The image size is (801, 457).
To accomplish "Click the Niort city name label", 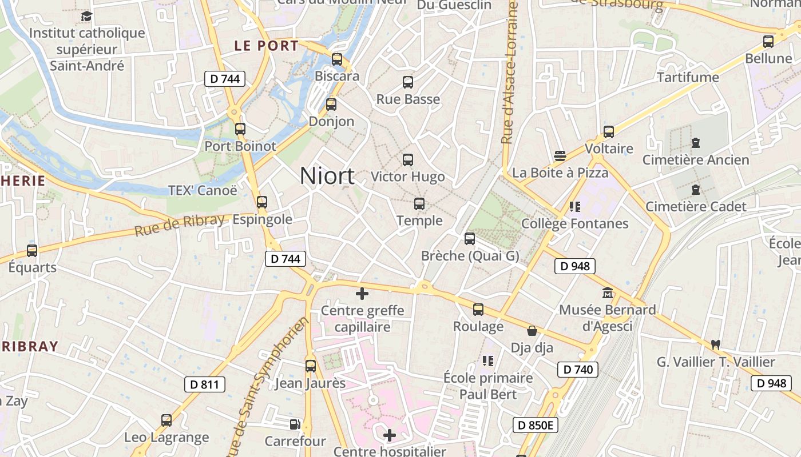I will click(x=327, y=176).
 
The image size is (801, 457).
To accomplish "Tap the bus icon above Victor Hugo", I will click(x=408, y=160).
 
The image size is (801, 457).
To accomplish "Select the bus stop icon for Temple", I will click(x=419, y=204).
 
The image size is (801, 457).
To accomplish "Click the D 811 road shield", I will click(x=205, y=384).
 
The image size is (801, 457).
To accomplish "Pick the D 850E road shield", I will click(x=535, y=425).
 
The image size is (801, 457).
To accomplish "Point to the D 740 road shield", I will click(x=578, y=370).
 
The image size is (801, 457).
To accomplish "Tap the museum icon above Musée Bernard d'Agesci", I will click(x=608, y=293).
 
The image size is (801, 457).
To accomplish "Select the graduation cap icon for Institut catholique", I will click(x=87, y=16).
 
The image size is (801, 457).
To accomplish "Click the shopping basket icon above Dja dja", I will click(x=532, y=331).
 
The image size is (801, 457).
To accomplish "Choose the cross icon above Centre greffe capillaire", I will click(x=362, y=294).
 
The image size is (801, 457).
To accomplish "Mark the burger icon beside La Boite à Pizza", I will click(x=560, y=156).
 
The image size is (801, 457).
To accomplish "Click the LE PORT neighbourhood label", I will click(x=267, y=46).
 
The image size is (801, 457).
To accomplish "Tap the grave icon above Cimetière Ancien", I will click(x=696, y=143).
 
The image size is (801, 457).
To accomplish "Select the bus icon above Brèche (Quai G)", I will click(x=470, y=239).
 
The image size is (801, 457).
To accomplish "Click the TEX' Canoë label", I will click(x=202, y=190).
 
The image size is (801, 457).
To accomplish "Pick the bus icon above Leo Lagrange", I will click(x=166, y=420).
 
